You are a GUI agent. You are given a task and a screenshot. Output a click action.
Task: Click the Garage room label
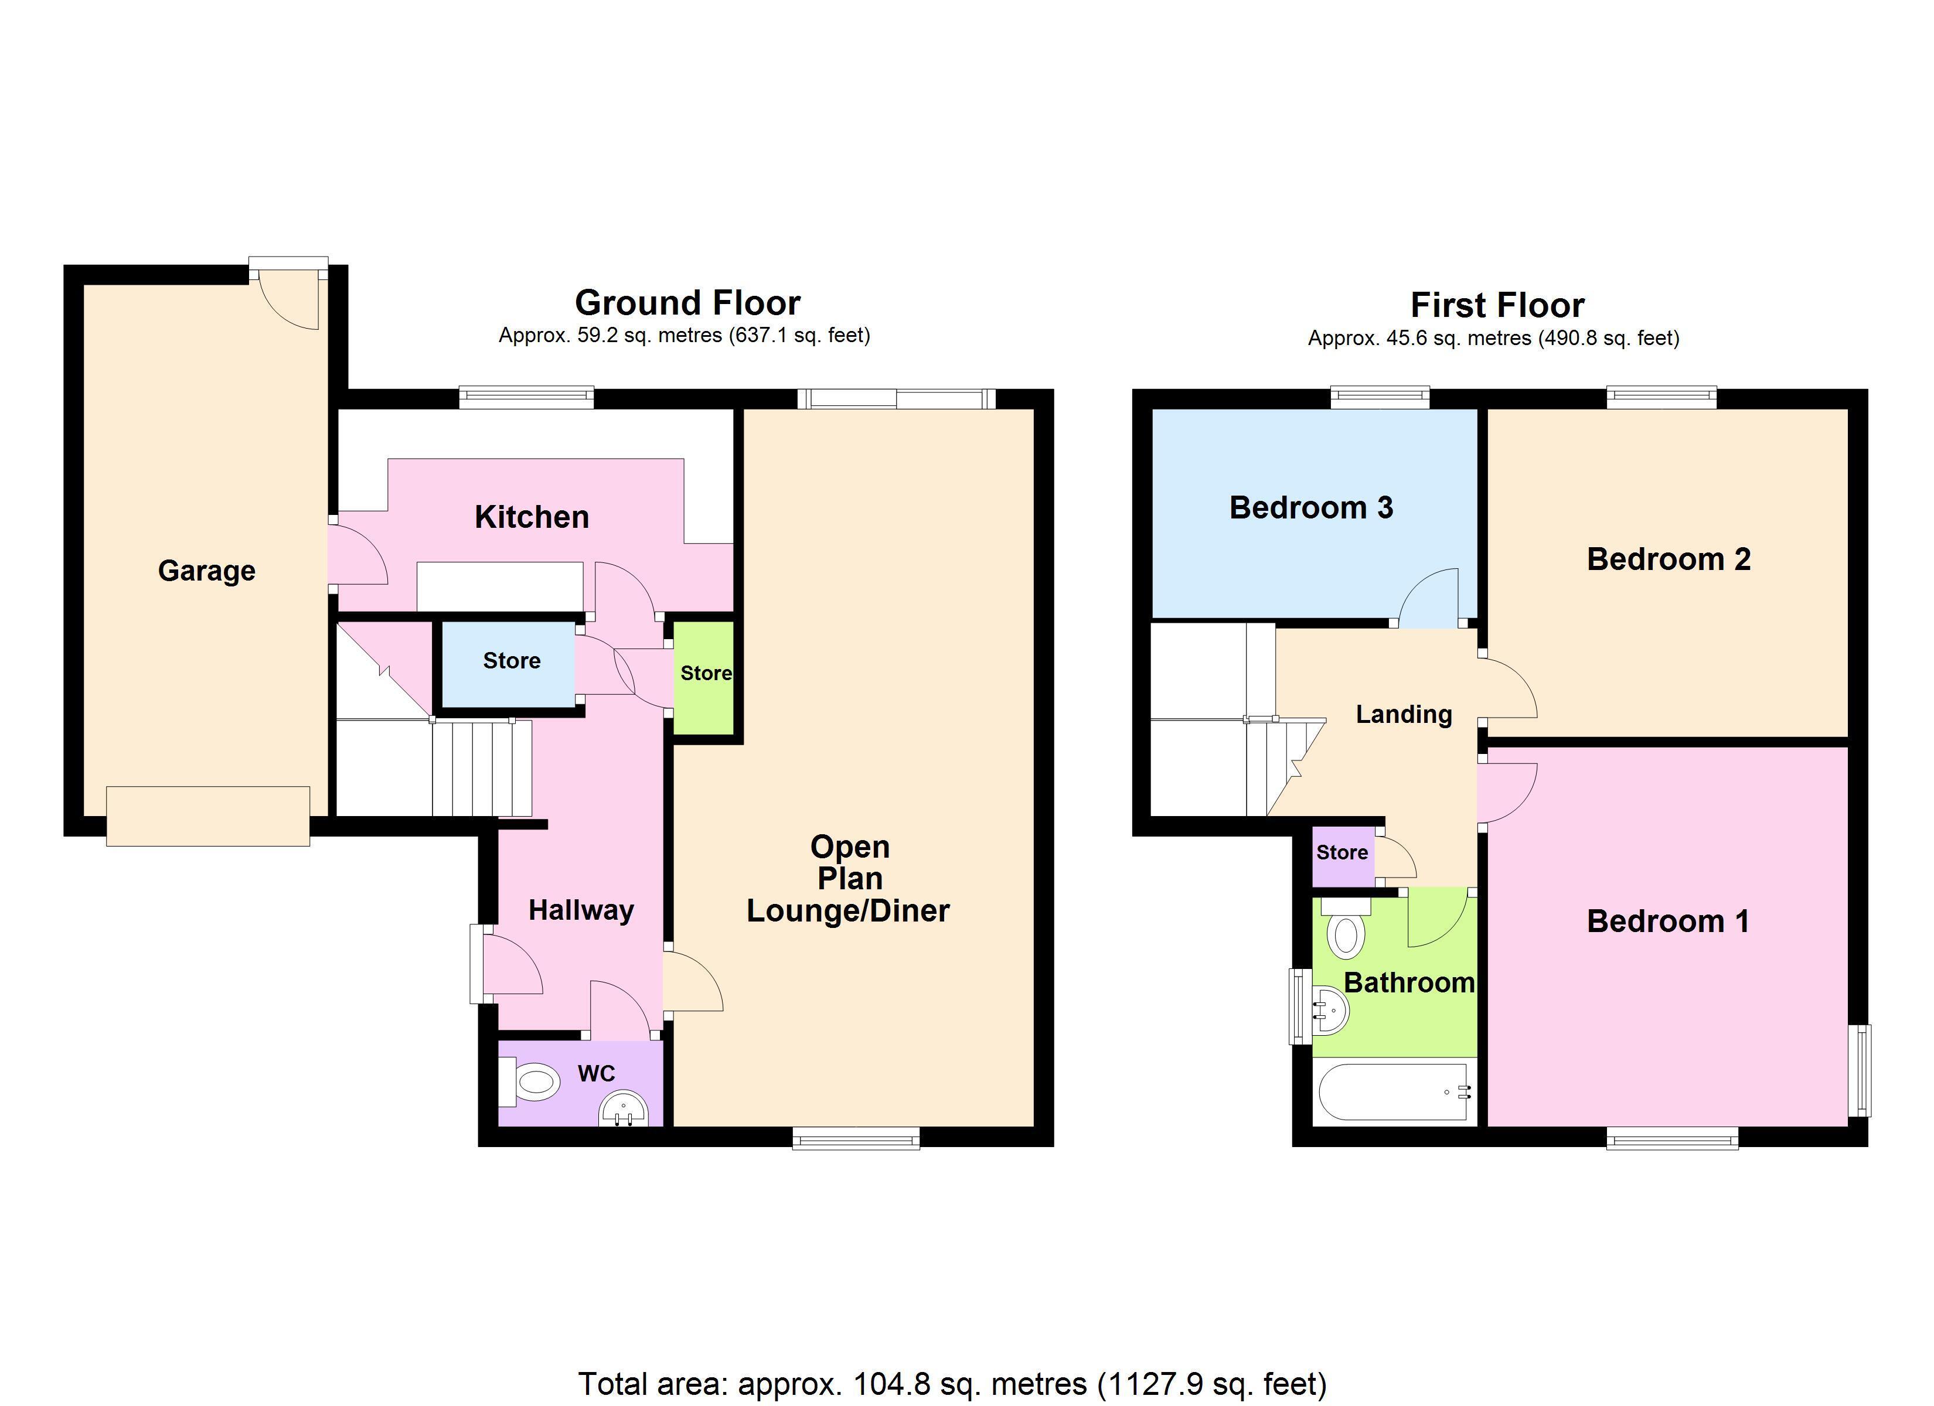[206, 571]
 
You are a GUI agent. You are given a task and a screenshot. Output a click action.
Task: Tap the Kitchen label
[531, 517]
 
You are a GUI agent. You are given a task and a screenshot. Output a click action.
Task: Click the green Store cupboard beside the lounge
[704, 677]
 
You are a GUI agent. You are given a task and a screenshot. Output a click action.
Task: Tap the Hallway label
[581, 910]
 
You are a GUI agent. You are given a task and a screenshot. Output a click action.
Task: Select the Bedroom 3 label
[1310, 508]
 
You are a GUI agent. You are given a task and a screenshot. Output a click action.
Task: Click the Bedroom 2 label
[1669, 559]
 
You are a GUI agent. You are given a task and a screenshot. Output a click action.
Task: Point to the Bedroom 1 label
[1668, 922]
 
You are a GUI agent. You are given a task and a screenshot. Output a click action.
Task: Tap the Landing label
[1404, 715]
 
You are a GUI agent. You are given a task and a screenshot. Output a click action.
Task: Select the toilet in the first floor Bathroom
[1346, 928]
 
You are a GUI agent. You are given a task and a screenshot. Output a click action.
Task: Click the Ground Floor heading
[687, 303]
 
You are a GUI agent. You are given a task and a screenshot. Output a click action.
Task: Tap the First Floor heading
[1497, 305]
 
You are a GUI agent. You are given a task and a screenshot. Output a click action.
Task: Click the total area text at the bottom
[952, 1383]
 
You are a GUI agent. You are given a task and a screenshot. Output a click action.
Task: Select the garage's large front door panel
[208, 816]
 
